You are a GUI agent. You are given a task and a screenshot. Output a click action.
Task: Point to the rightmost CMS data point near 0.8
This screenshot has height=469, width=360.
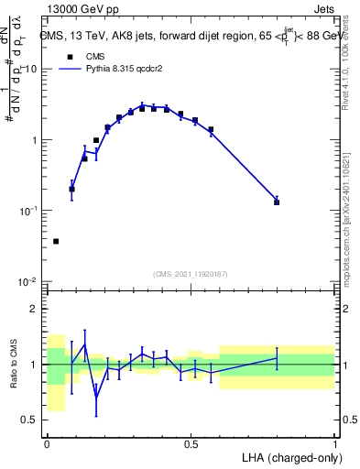click(x=277, y=202)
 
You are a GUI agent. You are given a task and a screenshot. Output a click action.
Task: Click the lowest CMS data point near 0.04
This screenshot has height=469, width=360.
click(x=56, y=241)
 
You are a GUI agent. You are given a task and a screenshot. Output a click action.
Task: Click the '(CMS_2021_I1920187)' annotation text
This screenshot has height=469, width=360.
click(x=191, y=274)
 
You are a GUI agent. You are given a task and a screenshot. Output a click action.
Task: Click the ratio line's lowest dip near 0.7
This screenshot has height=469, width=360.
click(x=96, y=398)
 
